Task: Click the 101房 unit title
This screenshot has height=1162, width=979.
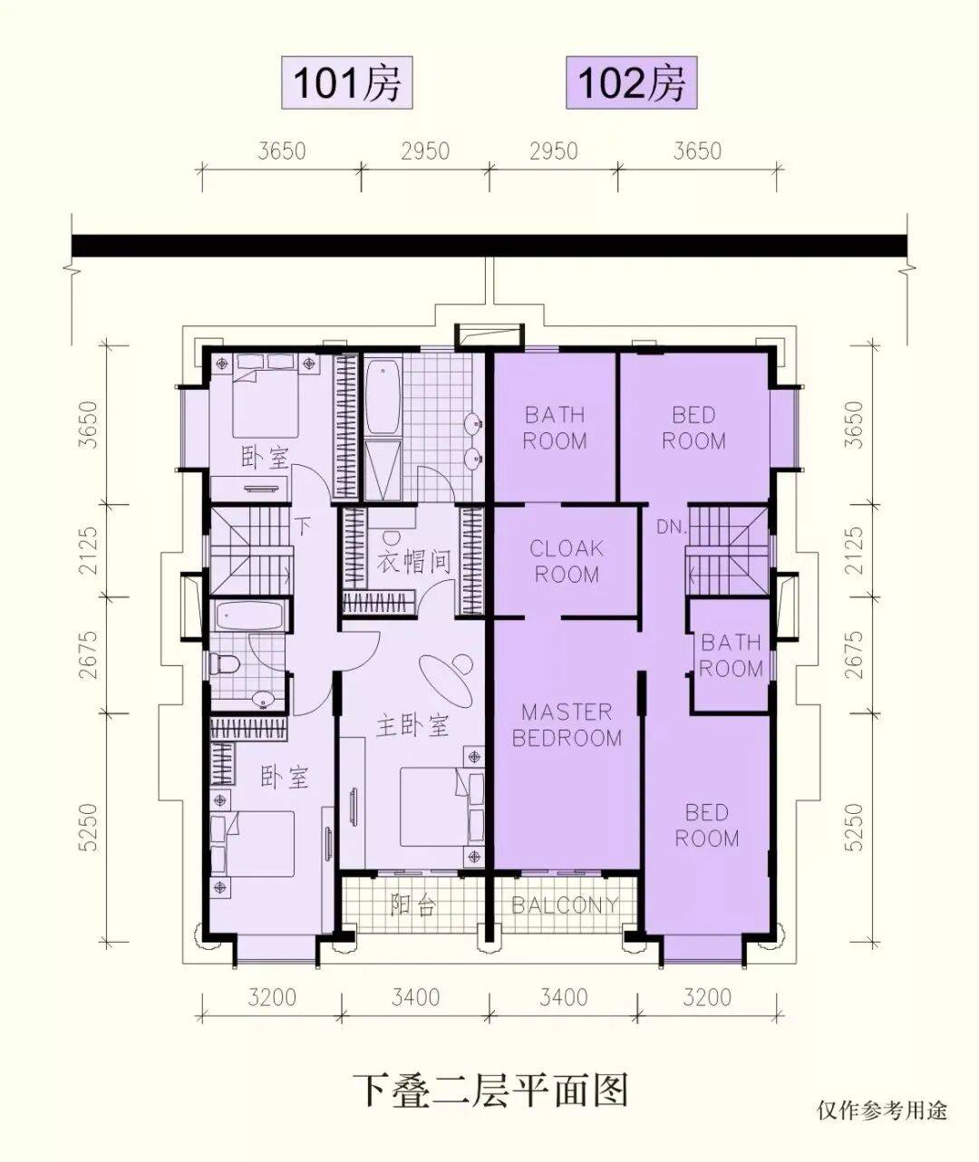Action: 347,83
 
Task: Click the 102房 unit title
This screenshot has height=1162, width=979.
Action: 631,83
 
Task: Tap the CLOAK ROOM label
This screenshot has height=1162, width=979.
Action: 567,561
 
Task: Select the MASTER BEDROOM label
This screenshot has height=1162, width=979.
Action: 567,725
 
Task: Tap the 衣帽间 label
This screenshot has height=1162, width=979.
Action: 413,561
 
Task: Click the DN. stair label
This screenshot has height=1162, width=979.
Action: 671,527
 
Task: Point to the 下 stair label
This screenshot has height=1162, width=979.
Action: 302,526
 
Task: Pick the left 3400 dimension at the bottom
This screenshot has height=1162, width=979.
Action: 415,998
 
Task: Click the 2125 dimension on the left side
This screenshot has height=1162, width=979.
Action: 88,551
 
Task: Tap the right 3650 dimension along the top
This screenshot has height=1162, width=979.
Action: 697,150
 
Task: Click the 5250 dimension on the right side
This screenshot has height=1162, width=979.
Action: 853,828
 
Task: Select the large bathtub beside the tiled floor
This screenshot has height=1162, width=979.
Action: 383,396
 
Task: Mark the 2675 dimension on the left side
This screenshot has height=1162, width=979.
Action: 88,655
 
